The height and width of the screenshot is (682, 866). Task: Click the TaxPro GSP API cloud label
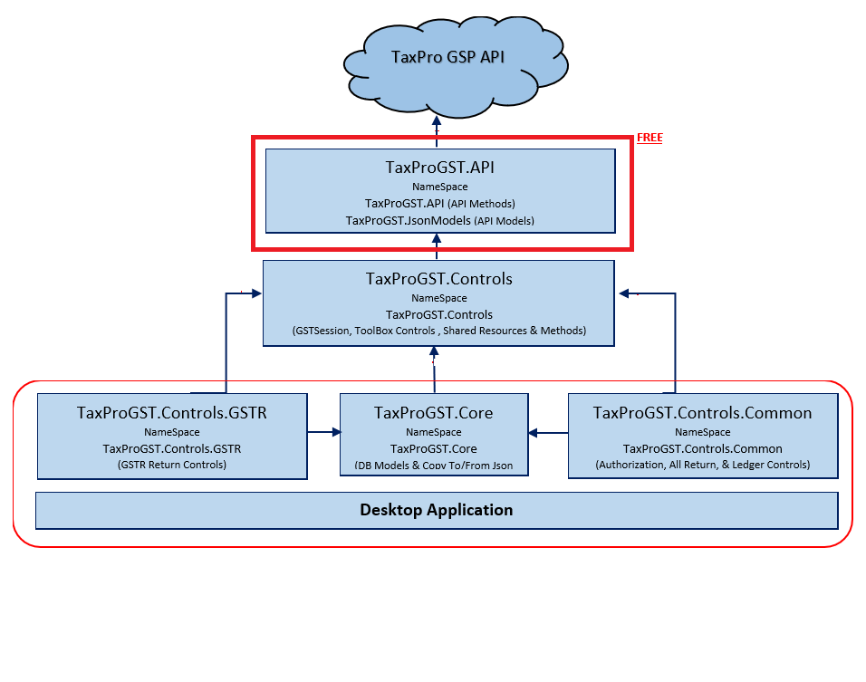point(447,58)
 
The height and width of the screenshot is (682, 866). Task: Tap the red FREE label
point(649,138)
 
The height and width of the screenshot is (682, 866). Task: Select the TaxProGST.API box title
point(439,168)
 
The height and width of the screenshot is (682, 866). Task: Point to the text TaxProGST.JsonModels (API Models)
point(439,220)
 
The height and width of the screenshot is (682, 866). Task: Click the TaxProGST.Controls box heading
point(439,279)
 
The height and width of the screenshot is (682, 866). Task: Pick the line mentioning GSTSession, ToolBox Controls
point(439,331)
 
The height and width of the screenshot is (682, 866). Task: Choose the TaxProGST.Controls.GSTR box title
point(172,413)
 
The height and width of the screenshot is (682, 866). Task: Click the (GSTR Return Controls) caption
point(172,465)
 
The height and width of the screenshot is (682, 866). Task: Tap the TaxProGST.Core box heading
point(433,413)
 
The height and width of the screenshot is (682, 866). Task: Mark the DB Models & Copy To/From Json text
point(433,466)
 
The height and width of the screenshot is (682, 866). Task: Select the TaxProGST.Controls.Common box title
point(702,413)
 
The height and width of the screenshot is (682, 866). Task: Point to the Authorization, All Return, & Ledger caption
point(702,466)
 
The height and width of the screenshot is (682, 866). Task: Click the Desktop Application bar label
point(437,510)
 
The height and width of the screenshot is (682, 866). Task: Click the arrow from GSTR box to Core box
point(322,433)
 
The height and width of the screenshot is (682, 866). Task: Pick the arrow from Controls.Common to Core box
point(549,433)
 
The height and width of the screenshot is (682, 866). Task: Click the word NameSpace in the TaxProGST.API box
point(439,187)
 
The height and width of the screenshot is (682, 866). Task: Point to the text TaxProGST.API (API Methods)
point(439,203)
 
